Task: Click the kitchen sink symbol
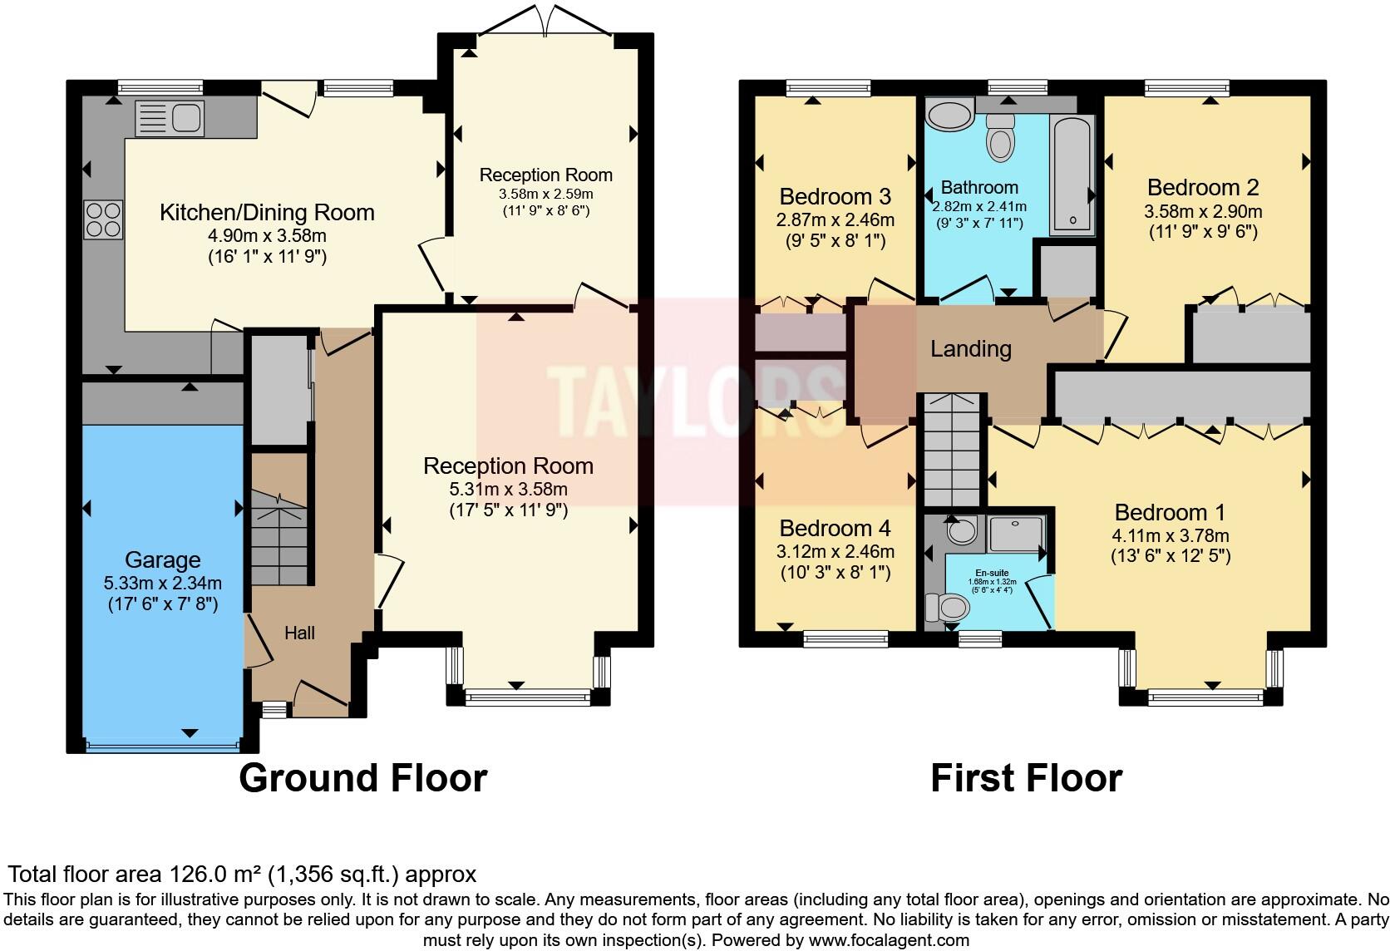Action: click(169, 118)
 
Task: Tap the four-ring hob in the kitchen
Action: click(104, 220)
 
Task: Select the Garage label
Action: click(163, 559)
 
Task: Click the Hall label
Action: click(299, 633)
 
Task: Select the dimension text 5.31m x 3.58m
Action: click(508, 489)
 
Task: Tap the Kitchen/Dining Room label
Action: click(267, 213)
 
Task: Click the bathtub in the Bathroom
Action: click(1072, 175)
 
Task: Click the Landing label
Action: click(970, 349)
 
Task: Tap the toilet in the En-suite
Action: click(946, 608)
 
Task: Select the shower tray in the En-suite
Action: click(1015, 533)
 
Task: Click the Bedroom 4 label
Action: click(835, 529)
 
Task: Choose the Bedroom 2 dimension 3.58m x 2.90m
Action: click(1203, 211)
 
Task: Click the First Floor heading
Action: click(1026, 779)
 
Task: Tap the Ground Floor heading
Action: click(362, 779)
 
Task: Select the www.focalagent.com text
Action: click(889, 941)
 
